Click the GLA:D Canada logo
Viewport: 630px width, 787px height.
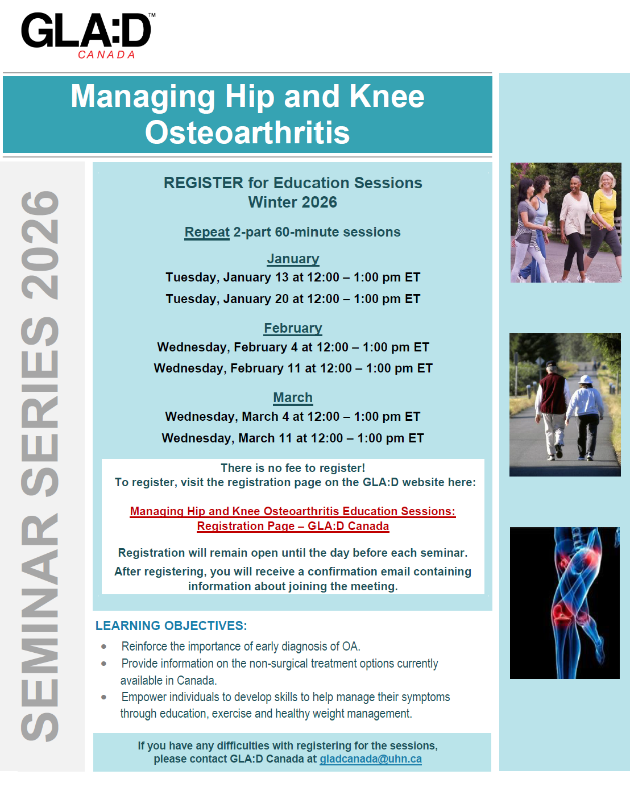point(88,35)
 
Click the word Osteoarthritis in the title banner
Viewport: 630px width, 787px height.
point(247,132)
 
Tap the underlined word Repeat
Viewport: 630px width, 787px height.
point(207,232)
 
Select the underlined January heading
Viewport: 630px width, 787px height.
point(293,259)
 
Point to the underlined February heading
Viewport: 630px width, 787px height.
point(293,328)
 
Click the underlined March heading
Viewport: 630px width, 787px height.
point(293,397)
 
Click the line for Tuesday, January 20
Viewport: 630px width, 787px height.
point(293,299)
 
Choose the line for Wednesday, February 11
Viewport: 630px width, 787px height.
point(293,368)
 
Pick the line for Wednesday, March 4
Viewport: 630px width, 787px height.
point(293,417)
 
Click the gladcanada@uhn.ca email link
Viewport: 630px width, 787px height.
point(371,759)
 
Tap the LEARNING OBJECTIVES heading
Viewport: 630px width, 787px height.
point(171,626)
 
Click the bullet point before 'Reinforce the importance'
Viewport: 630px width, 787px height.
point(104,647)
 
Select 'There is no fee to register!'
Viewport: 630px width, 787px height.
point(293,468)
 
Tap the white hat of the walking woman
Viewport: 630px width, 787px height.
point(586,379)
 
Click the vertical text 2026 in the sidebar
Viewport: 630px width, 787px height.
point(40,246)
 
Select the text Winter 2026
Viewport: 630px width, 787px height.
point(292,202)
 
